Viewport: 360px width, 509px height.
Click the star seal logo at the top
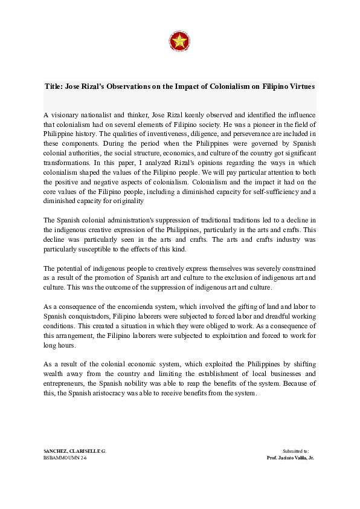click(x=179, y=41)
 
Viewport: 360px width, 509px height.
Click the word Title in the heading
click(x=55, y=86)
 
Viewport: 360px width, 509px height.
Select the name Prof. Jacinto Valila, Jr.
click(x=290, y=458)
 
